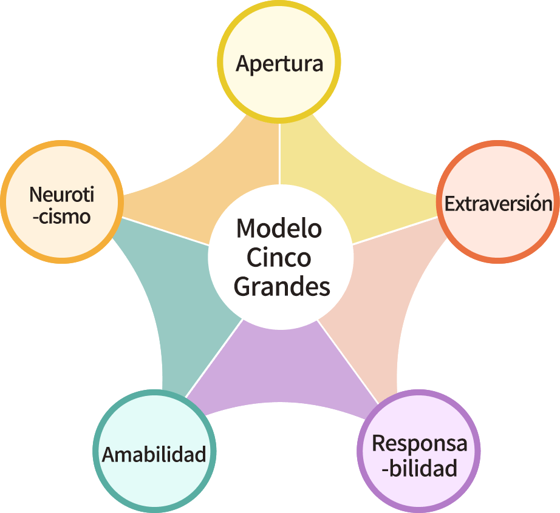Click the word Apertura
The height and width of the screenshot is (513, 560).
(279, 64)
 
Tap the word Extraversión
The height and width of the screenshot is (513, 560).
(498, 204)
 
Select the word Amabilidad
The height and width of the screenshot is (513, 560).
(154, 454)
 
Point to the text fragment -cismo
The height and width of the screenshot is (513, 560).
(64, 216)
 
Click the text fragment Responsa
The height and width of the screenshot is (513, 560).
(419, 444)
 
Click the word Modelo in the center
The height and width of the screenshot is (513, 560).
(279, 229)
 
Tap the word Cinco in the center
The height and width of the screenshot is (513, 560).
(279, 258)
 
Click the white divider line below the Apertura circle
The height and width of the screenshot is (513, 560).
(280, 152)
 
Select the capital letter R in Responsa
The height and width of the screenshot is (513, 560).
(378, 444)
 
